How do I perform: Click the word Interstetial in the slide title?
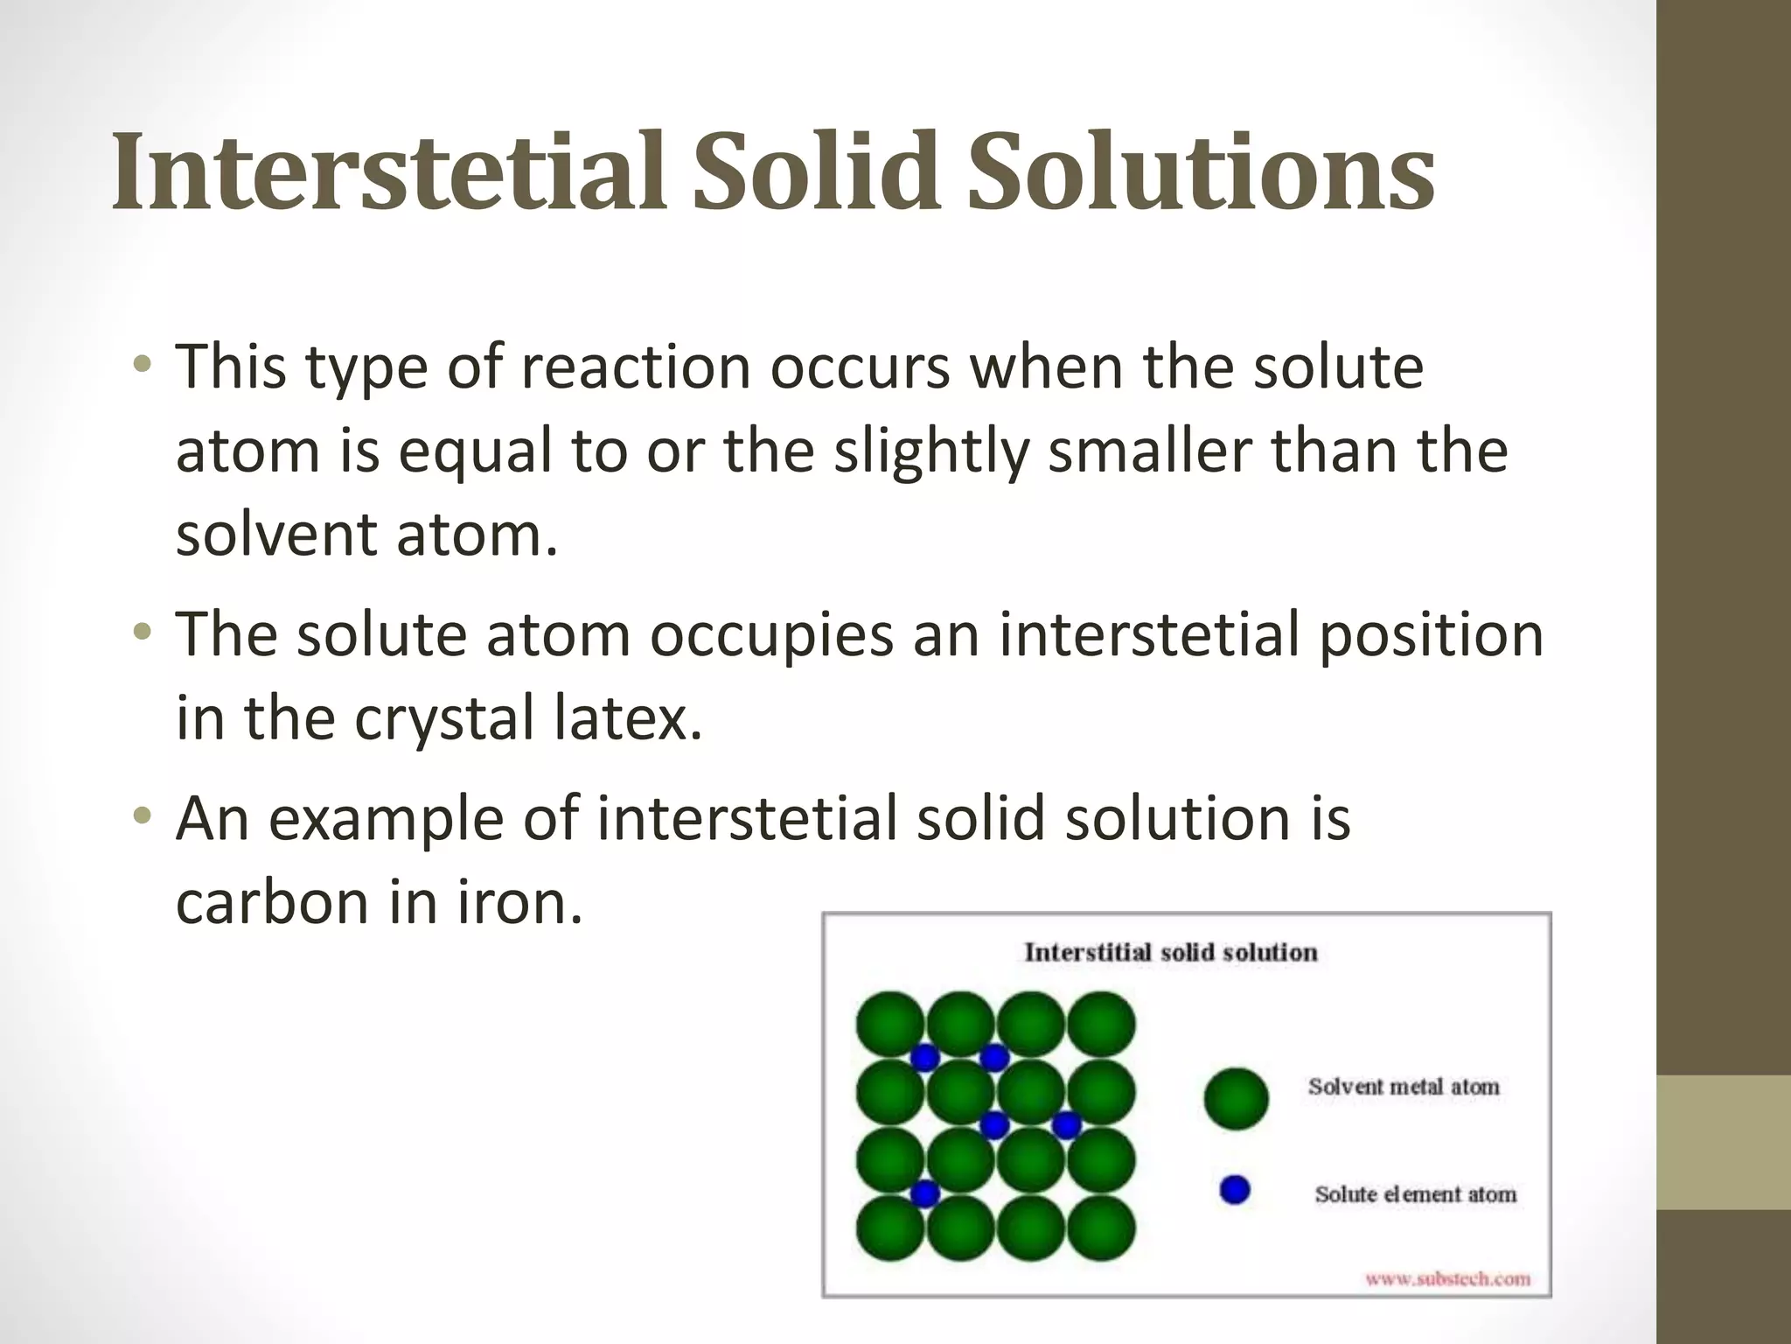(x=394, y=171)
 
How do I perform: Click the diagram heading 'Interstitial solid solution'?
(x=1170, y=952)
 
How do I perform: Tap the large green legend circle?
(x=1236, y=1098)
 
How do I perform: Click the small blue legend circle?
(x=1234, y=1190)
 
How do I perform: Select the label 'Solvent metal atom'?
(x=1403, y=1087)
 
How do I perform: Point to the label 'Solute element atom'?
(x=1415, y=1194)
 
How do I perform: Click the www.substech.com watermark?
(x=1447, y=1279)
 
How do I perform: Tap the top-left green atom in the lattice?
(x=889, y=1024)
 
